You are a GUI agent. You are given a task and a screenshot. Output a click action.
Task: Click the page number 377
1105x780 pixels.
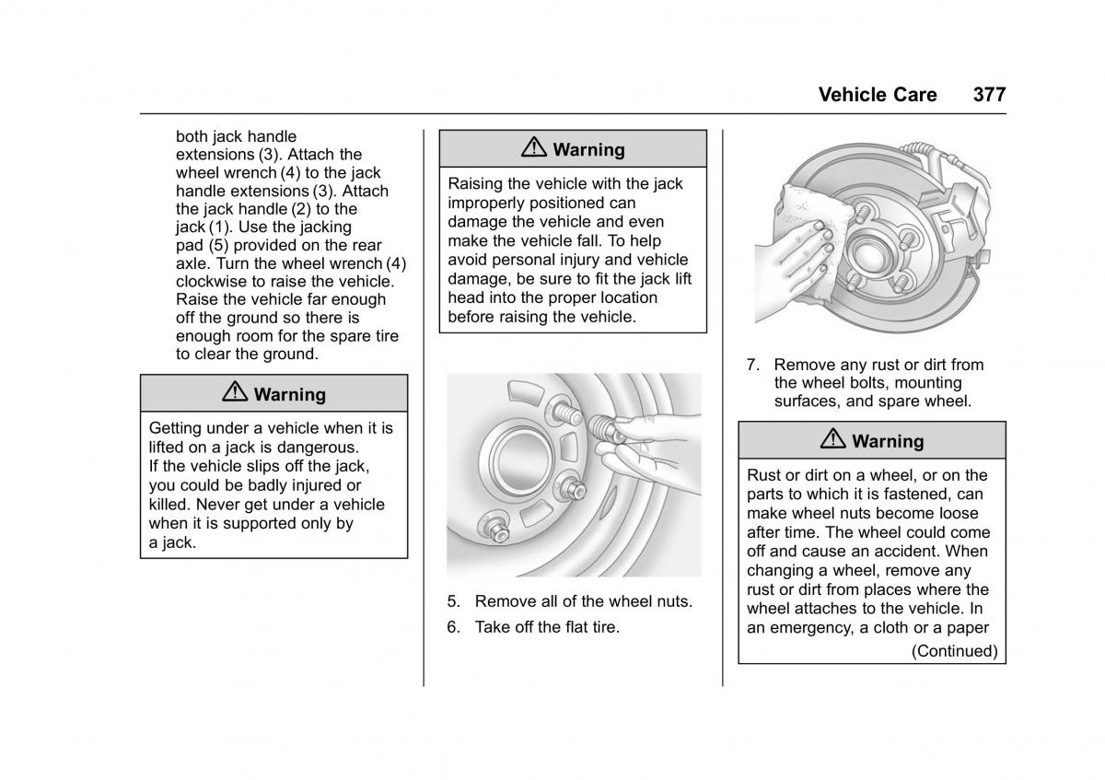[988, 94]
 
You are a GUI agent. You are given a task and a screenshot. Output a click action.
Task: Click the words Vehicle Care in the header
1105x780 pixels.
[877, 94]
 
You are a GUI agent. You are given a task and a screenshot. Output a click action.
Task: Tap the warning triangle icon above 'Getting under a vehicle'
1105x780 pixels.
[235, 393]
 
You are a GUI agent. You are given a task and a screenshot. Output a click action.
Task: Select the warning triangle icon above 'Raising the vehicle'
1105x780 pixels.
[534, 148]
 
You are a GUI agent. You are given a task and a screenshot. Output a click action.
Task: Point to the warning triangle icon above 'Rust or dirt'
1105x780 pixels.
[833, 440]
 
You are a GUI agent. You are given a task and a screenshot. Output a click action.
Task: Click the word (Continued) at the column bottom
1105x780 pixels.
[954, 651]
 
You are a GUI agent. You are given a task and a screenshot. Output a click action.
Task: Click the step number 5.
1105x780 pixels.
[452, 601]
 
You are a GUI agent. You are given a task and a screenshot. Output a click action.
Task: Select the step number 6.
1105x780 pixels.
[452, 627]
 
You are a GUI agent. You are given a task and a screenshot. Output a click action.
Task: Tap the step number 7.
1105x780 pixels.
[751, 365]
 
